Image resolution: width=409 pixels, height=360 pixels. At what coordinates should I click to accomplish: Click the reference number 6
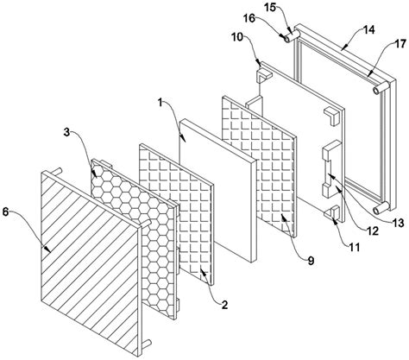click(x=6, y=212)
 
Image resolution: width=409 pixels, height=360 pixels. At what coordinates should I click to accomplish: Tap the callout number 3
click(x=66, y=133)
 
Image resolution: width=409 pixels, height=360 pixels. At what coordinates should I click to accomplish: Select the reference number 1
click(x=160, y=102)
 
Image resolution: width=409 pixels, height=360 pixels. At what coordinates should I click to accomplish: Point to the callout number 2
click(x=224, y=305)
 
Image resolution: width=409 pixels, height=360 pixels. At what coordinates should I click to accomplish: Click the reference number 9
click(x=311, y=261)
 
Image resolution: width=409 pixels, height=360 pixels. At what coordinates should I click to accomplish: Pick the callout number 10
click(x=237, y=37)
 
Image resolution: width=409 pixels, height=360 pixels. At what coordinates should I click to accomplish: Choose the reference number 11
click(x=355, y=247)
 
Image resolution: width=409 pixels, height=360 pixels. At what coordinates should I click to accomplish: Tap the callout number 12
click(x=372, y=231)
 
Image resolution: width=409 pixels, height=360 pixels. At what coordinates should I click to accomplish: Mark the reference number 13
click(x=398, y=223)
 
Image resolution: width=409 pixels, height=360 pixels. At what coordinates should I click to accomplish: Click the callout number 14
click(x=369, y=29)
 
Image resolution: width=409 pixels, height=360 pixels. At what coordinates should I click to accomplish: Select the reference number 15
click(x=270, y=8)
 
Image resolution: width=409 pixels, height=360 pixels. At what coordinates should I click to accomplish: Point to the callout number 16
click(x=249, y=18)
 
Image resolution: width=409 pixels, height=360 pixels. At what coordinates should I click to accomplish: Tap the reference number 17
click(x=400, y=44)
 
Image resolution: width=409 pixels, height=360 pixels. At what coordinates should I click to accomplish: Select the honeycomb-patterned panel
click(x=134, y=239)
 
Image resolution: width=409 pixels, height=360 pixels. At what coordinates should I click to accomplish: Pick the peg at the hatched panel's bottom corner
click(x=147, y=343)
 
